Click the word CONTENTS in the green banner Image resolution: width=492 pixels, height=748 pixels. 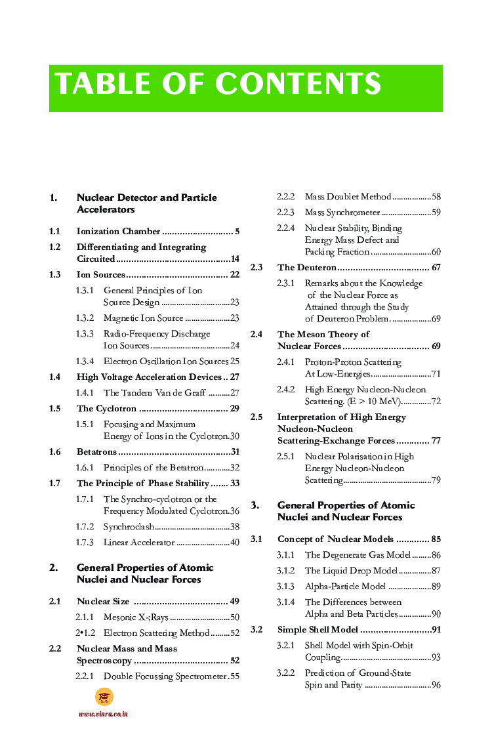pos(298,84)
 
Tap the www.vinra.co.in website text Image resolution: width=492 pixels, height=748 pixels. pos(103,714)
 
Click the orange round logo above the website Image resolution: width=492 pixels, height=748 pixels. pos(104,697)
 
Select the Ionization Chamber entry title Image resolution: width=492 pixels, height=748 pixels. pos(118,232)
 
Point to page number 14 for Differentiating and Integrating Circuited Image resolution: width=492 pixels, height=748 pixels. pos(234,259)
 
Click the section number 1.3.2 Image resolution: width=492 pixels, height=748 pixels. pos(85,318)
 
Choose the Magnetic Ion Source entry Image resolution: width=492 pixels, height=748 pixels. pos(143,318)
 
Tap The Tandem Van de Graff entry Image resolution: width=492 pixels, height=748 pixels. pos(154,393)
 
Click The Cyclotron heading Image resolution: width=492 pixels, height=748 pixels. pos(106,409)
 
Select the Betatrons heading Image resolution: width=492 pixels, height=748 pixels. pos(96,452)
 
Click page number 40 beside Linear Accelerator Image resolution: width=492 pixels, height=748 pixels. pos(234,543)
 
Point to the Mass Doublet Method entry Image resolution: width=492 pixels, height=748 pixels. pos(348,197)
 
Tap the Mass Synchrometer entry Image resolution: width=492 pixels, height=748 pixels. pos(342,213)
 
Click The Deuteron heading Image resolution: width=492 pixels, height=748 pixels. pos(307,268)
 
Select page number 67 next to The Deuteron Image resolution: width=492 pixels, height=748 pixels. pos(436,268)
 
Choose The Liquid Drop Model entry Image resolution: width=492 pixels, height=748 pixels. pos(351,571)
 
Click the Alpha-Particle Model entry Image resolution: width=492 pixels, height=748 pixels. pos(345,587)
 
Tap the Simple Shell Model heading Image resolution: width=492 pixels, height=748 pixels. pos(318,630)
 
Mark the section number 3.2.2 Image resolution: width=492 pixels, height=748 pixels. pos(285,673)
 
